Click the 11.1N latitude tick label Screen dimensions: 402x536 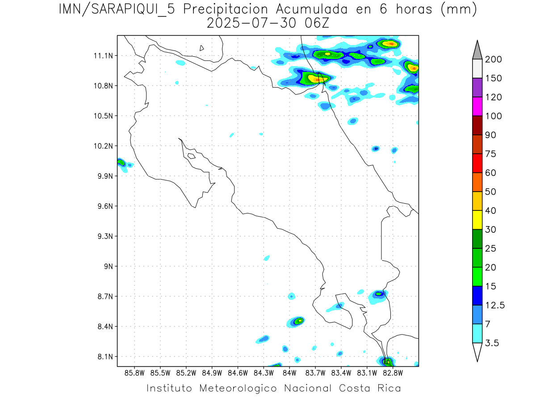point(102,56)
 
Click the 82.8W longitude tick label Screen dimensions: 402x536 point(393,373)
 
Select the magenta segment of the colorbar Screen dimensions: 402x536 point(477,106)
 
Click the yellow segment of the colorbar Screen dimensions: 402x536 point(477,220)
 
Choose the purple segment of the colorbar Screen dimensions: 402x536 point(477,88)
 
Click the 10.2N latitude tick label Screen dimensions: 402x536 point(102,146)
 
